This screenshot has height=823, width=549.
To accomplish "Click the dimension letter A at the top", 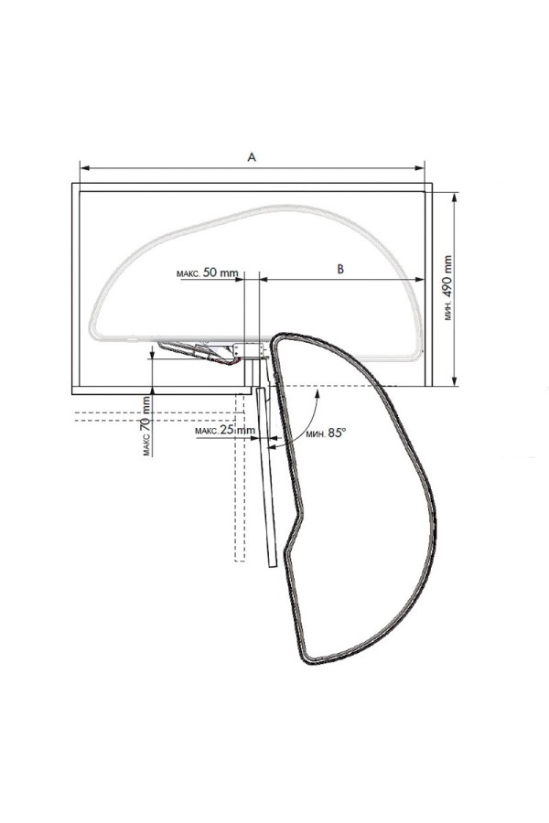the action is coord(252,157).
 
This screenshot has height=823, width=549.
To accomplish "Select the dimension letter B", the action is coord(340,269).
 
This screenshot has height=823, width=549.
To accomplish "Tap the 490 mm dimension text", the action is coord(447,288).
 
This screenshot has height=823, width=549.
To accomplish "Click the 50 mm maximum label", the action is coord(207,273).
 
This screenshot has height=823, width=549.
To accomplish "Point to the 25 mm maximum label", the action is coord(225,431).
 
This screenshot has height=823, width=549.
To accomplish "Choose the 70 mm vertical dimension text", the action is coord(146,425).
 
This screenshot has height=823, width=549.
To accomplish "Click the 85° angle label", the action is coord(326,433).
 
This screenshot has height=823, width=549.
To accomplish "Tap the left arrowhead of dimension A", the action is coord(83,168).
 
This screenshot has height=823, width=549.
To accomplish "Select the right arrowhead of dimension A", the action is coord(419,168).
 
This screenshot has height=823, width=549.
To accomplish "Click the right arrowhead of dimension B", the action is coord(419,280).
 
